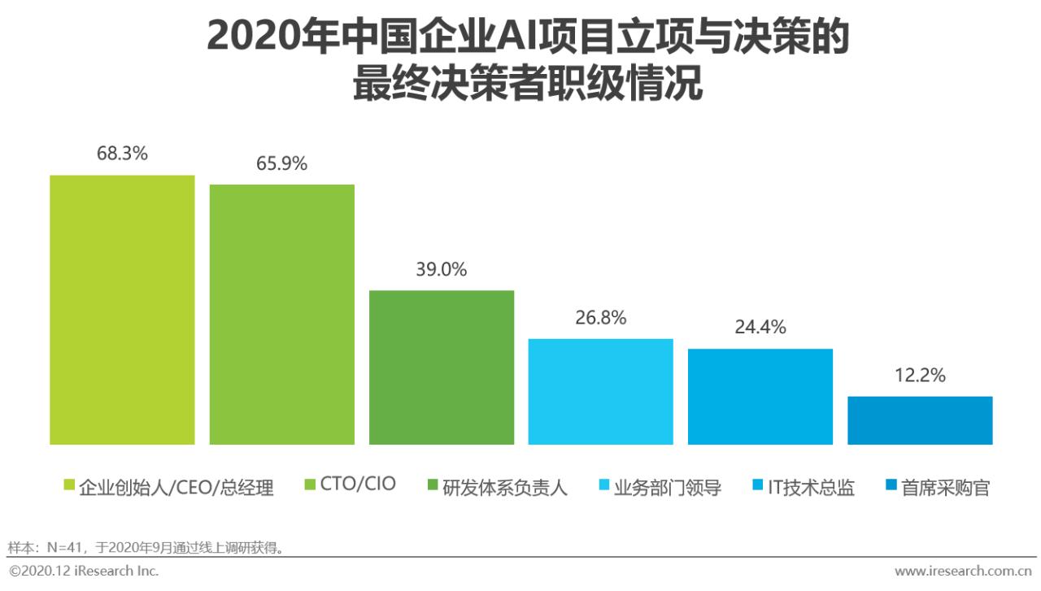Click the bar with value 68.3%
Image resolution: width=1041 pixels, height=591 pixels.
click(x=122, y=310)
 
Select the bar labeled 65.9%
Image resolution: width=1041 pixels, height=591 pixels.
click(x=281, y=315)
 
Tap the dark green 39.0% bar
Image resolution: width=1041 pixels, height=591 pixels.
click(x=441, y=367)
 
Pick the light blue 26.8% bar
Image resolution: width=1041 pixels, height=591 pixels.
click(x=600, y=392)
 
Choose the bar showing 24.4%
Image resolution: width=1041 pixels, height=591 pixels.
click(x=760, y=397)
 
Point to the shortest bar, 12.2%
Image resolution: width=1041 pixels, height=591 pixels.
click(x=919, y=420)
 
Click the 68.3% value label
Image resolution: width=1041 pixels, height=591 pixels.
click(x=122, y=153)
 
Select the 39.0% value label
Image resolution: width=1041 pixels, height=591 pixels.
click(x=441, y=270)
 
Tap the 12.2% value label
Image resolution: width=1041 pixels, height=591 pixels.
click(x=920, y=376)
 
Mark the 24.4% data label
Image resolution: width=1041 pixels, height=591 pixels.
click(x=760, y=327)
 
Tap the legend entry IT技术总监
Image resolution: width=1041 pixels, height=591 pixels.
click(x=811, y=488)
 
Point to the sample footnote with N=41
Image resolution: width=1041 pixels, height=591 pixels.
click(x=146, y=547)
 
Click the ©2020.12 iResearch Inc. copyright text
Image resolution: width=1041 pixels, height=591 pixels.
click(x=84, y=571)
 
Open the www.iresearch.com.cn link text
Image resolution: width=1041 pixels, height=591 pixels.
click(x=964, y=571)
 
